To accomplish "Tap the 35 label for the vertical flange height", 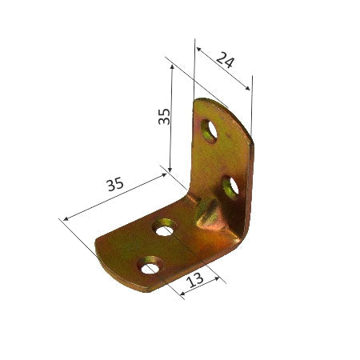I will [163, 118].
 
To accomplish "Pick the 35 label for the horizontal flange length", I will [115, 185].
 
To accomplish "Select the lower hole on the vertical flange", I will [230, 189].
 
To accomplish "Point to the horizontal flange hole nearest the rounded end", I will [150, 264].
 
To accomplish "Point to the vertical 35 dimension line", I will [172, 120].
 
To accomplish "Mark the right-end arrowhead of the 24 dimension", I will [250, 87].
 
